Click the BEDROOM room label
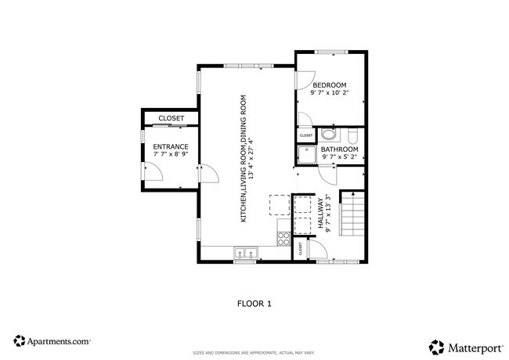[x=330, y=85]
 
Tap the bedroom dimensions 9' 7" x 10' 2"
[x=330, y=93]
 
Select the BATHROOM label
[x=339, y=149]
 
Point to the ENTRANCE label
[x=170, y=146]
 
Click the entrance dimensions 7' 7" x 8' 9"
[x=170, y=155]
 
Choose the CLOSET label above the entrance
[x=171, y=118]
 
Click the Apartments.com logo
[x=52, y=341]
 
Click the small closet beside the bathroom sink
[x=305, y=135]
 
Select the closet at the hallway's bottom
[x=300, y=250]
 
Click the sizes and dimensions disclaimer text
[x=254, y=352]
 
